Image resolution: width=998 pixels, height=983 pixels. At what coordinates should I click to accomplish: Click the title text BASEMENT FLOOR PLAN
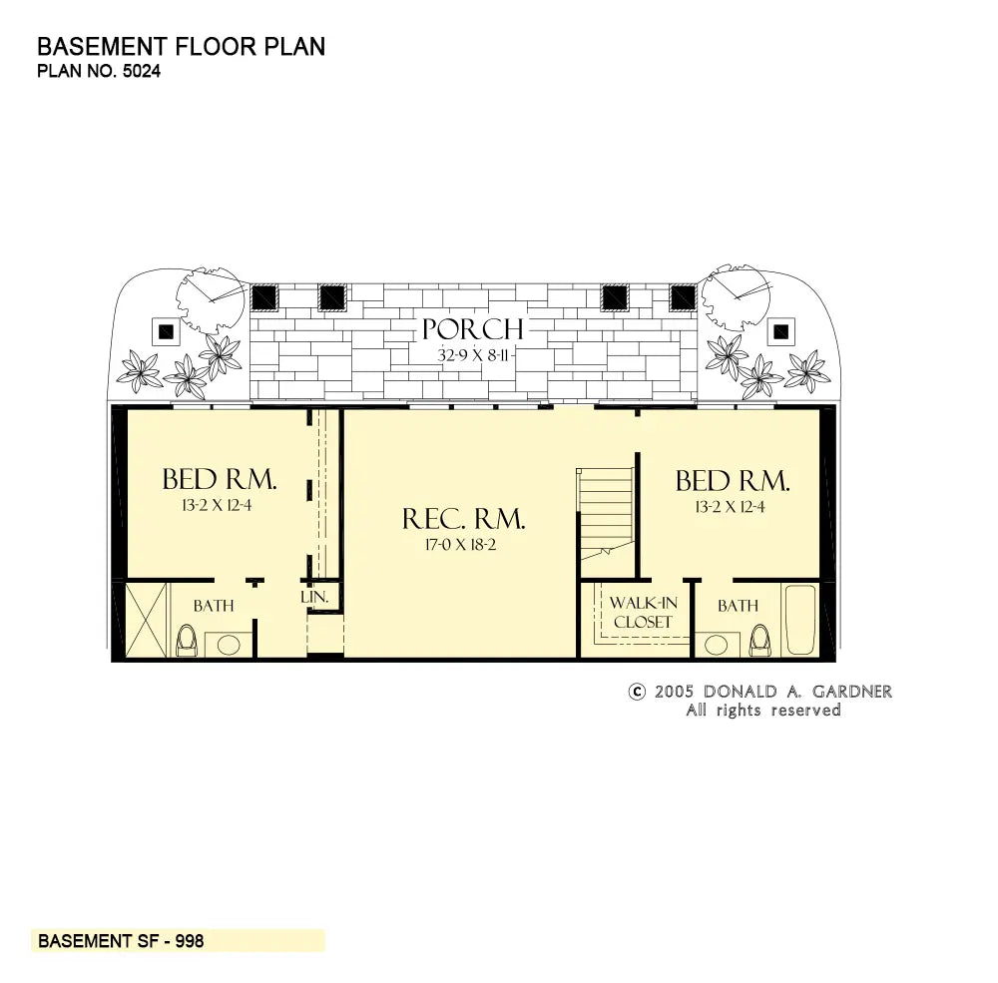click(x=181, y=47)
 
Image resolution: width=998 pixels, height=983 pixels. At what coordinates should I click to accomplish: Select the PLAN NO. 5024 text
click(x=98, y=71)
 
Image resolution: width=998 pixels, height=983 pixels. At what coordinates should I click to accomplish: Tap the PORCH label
click(x=472, y=329)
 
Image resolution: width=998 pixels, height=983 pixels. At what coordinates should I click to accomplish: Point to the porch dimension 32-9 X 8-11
click(x=472, y=354)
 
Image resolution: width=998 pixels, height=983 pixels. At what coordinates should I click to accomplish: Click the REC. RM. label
click(x=463, y=519)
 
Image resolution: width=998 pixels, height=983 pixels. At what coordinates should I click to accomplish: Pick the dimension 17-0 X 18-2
click(x=463, y=545)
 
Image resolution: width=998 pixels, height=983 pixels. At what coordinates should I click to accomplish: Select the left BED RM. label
click(x=220, y=480)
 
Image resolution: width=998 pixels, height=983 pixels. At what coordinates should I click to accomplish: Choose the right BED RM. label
click(x=733, y=481)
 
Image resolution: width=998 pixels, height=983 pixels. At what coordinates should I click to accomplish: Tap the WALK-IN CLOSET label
click(x=643, y=613)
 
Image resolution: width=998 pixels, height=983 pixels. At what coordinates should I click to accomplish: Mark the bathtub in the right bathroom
click(x=799, y=620)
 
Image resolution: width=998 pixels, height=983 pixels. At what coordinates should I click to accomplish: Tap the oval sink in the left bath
click(x=229, y=645)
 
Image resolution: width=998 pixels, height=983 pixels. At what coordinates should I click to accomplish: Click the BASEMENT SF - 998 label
click(x=121, y=941)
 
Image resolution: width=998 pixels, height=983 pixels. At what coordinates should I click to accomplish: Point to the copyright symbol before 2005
click(x=636, y=692)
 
